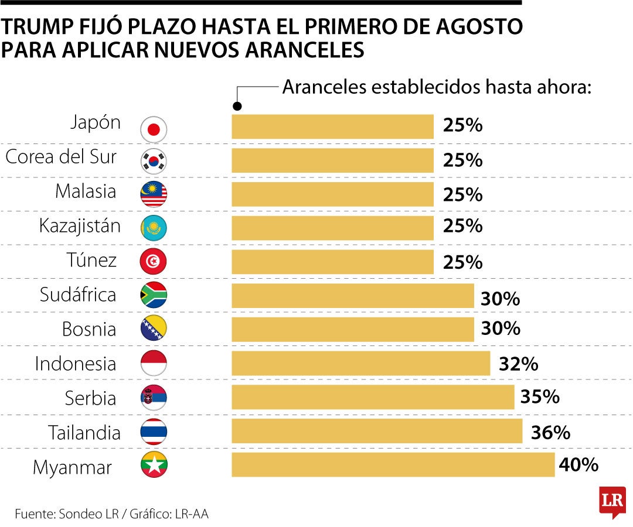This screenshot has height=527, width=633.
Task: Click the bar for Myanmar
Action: [393, 465]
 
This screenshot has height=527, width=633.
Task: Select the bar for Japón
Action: [332, 126]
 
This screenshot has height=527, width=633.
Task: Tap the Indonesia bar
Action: [360, 364]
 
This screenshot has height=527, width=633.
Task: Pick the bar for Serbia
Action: [373, 398]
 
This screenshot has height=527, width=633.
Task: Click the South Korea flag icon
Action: [154, 161]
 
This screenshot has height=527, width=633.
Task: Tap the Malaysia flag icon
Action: [154, 194]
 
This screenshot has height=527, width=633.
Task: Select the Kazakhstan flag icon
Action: [154, 228]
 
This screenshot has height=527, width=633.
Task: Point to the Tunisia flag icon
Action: [154, 262]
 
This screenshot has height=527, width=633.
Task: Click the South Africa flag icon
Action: [154, 295]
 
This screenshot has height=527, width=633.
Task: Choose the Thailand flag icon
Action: [154, 432]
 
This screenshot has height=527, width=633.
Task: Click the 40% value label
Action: [578, 466]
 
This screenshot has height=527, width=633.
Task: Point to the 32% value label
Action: [518, 364]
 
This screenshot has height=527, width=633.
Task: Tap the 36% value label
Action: [550, 433]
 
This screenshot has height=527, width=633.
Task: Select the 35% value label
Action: [540, 398]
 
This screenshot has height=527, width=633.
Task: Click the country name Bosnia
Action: [89, 330]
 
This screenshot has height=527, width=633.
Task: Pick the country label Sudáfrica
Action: [78, 295]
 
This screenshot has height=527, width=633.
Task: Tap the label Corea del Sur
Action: [61, 158]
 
